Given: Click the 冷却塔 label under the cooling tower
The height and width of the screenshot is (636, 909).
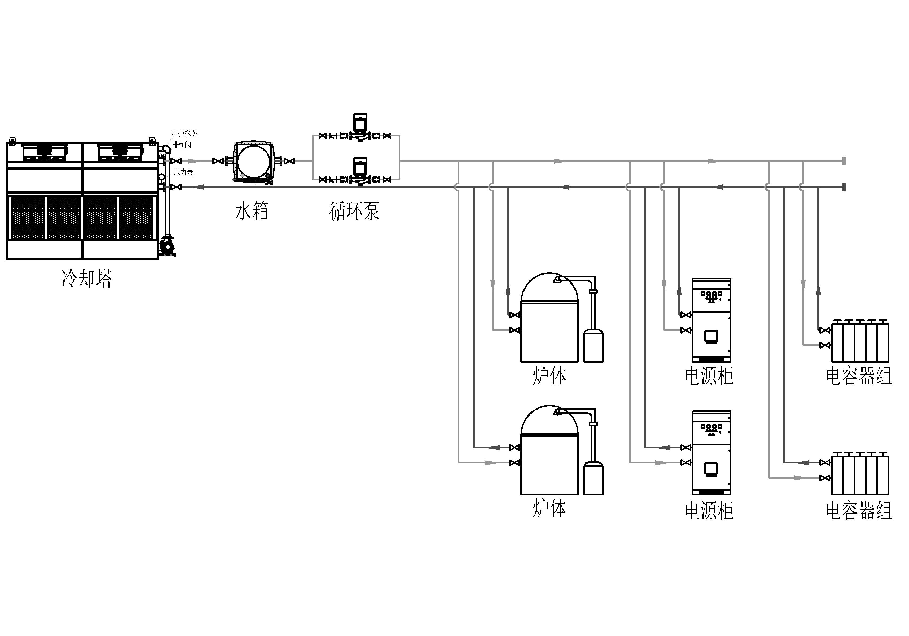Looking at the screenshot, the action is click(x=87, y=278).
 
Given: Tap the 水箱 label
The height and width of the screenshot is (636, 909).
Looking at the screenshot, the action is click(x=252, y=211).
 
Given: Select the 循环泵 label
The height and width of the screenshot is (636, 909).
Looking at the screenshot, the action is click(x=354, y=211).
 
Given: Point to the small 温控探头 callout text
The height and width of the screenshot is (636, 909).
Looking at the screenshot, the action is click(x=184, y=133).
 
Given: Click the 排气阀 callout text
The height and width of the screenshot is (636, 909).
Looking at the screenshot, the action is click(x=181, y=145).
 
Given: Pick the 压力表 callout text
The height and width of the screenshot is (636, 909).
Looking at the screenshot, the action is click(x=183, y=172).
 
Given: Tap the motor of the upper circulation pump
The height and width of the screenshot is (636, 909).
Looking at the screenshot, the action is click(x=360, y=122).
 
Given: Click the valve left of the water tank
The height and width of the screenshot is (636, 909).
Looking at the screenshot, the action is click(x=218, y=161).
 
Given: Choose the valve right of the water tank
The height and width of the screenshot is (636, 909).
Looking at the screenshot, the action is click(x=289, y=161).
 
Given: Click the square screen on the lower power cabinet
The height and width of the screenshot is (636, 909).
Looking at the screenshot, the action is click(x=711, y=469).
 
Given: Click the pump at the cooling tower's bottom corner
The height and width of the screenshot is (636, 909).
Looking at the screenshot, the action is click(x=167, y=246).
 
